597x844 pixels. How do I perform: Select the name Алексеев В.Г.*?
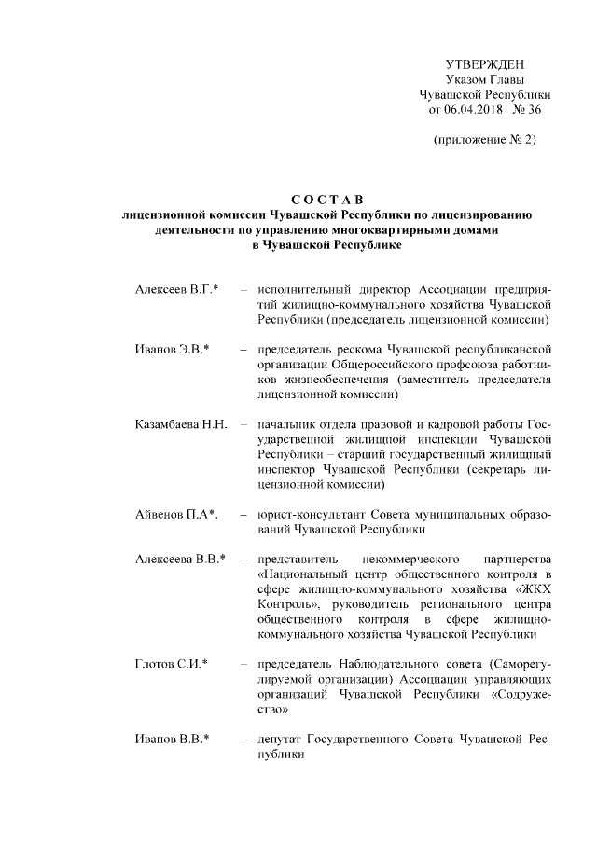pyautogui.click(x=176, y=290)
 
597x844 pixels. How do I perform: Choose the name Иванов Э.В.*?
pyautogui.click(x=172, y=350)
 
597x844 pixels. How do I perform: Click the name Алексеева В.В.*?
pyautogui.click(x=180, y=559)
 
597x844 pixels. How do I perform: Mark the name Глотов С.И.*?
pyautogui.click(x=172, y=663)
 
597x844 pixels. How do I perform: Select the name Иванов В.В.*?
pyautogui.click(x=172, y=738)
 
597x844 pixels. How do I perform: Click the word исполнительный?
pyautogui.click(x=304, y=290)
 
